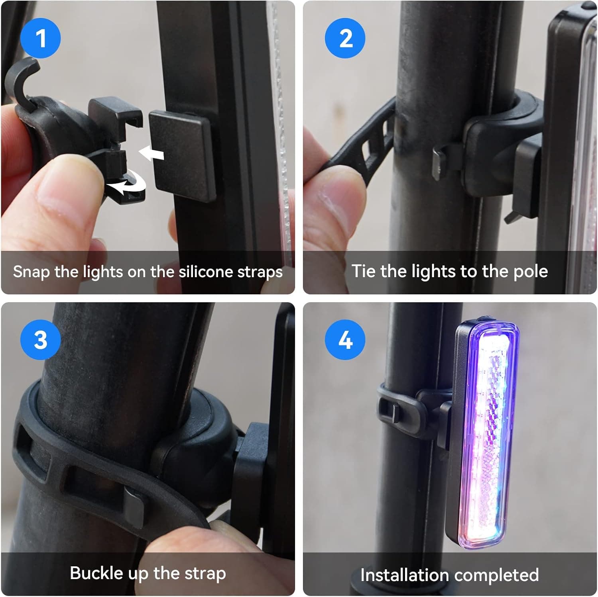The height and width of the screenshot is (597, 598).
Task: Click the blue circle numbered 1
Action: [x=40, y=38]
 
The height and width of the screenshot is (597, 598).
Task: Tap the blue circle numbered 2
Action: [x=345, y=38]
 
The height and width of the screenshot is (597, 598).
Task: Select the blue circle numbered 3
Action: [x=40, y=340]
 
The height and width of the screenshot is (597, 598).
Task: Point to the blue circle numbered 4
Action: [x=345, y=340]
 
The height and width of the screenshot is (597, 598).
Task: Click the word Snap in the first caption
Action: [x=31, y=272]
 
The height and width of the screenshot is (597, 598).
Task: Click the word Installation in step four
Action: [x=405, y=575]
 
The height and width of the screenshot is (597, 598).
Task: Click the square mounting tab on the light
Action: [x=181, y=155]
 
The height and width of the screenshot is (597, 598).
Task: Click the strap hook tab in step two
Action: [x=439, y=161]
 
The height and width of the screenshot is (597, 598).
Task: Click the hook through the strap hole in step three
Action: [x=134, y=506]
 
